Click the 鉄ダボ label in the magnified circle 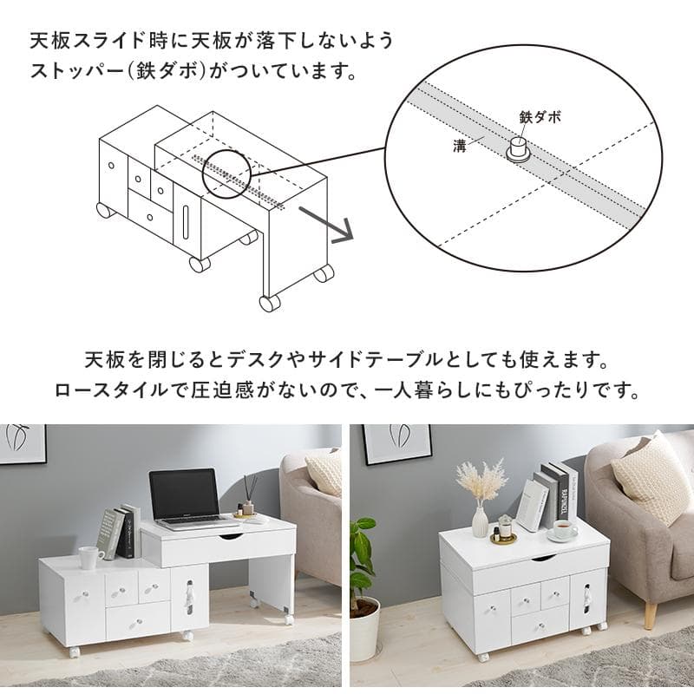[x=540, y=115]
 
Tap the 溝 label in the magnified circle [x=460, y=145]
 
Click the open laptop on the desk [x=184, y=499]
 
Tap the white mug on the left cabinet [x=89, y=557]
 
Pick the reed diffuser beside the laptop [x=247, y=497]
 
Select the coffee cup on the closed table [x=564, y=528]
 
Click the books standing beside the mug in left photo [x=119, y=531]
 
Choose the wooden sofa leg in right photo [x=650, y=613]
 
